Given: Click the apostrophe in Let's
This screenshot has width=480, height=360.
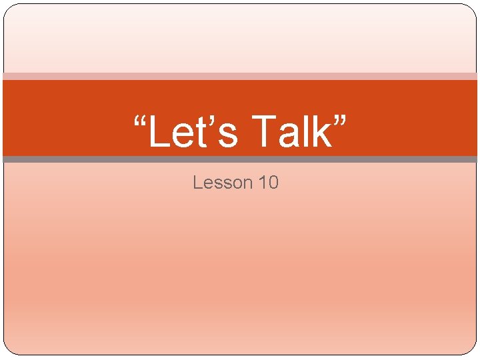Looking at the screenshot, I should pyautogui.click(x=212, y=120).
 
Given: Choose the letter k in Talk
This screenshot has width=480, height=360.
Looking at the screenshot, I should pyautogui.click(x=321, y=131).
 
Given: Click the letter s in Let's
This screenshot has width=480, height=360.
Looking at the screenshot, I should pyautogui.click(x=227, y=135).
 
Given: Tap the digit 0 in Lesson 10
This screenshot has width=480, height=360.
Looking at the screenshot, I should pyautogui.click(x=273, y=182).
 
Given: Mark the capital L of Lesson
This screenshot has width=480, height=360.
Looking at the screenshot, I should pyautogui.click(x=197, y=182).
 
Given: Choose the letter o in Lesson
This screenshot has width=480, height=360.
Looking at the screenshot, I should pyautogui.click(x=235, y=184).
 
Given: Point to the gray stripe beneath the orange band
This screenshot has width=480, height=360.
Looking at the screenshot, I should pyautogui.click(x=240, y=159).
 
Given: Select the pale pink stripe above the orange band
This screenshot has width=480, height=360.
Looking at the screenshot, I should pyautogui.click(x=240, y=76).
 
